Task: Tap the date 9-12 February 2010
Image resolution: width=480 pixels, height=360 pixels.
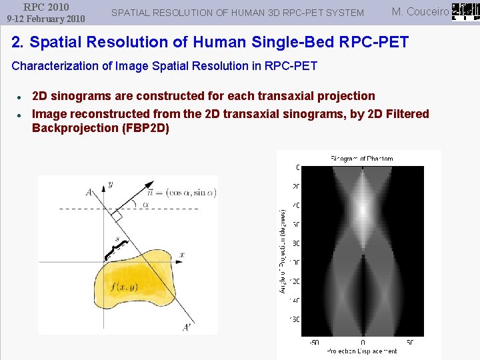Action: (x=46, y=19)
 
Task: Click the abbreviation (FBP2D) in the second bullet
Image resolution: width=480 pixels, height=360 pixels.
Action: (x=145, y=128)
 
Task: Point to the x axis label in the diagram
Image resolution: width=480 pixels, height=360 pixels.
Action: (x=181, y=255)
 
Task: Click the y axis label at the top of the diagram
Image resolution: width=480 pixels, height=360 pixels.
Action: (x=111, y=184)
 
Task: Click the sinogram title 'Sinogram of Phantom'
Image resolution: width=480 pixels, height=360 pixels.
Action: (x=361, y=159)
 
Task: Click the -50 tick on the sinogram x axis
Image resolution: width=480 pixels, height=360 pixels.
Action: (x=313, y=343)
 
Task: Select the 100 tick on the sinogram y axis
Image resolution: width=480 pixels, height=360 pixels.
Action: (x=294, y=262)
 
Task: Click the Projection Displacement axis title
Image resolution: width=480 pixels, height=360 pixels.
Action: (x=361, y=351)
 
